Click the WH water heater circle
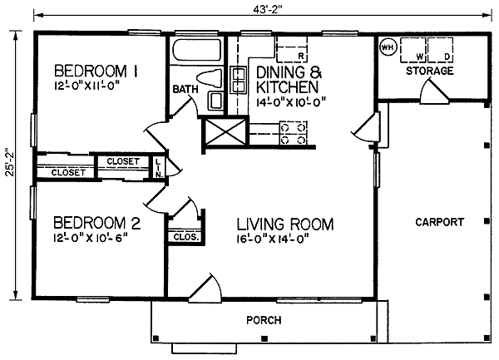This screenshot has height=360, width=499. pos(388,47)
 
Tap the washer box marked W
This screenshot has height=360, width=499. pos(413,50)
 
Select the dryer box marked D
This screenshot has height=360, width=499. pos(441,50)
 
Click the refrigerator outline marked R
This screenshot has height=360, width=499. pos(292,49)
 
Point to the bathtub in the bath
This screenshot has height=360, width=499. pos(196,50)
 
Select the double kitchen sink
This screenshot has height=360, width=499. pos(238,80)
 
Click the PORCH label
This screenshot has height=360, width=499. pos(264,320)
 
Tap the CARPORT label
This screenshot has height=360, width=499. pos(439,222)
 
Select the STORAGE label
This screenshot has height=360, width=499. pos(430,71)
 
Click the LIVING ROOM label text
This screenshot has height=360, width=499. pos(285,224)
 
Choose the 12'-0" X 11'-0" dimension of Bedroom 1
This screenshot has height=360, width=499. pos(88,86)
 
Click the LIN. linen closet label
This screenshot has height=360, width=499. pos(159,168)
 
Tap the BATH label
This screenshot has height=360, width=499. pos(185,89)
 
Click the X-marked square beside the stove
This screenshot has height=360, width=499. pos(225,131)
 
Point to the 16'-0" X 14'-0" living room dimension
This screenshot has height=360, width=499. pos(273,239)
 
